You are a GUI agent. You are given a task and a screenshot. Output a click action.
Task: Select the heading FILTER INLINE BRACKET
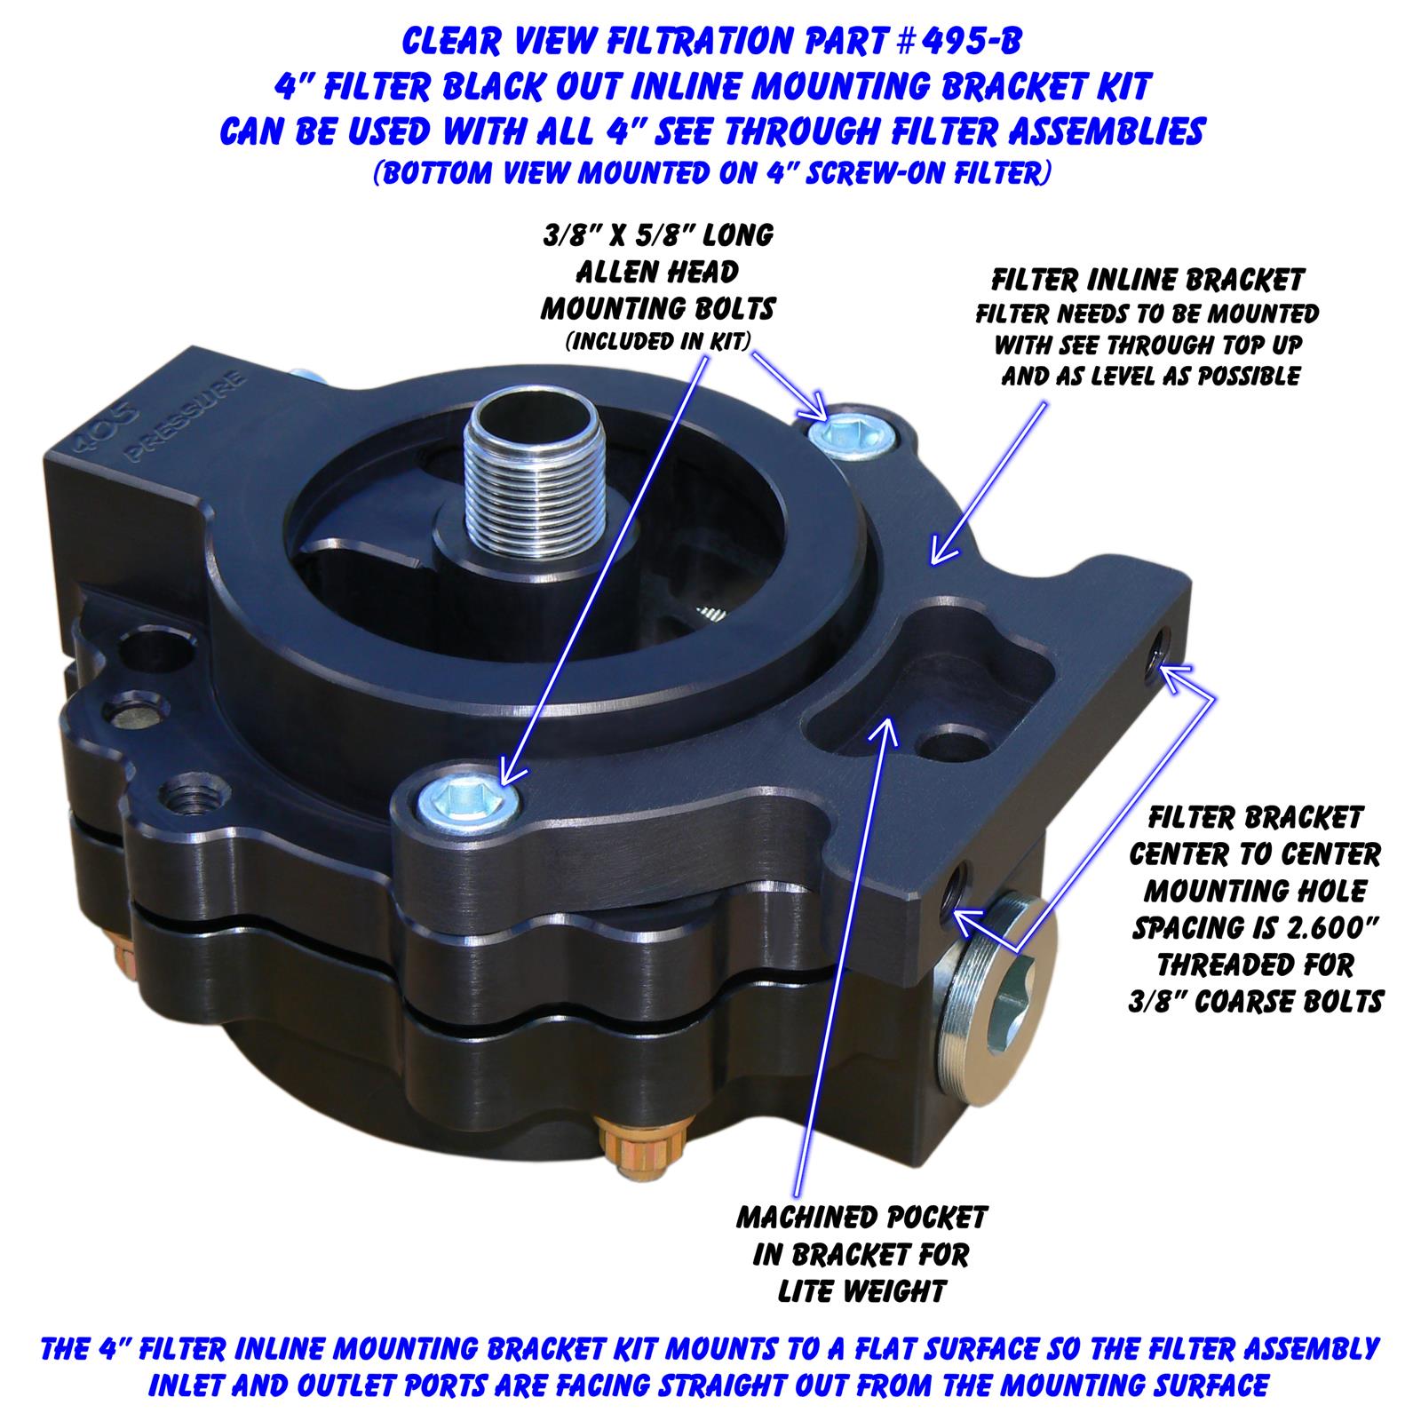point(1147,281)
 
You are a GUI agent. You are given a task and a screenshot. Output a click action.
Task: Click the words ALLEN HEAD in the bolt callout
point(658,272)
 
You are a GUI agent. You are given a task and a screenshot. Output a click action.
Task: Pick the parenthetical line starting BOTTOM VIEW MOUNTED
point(710,173)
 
